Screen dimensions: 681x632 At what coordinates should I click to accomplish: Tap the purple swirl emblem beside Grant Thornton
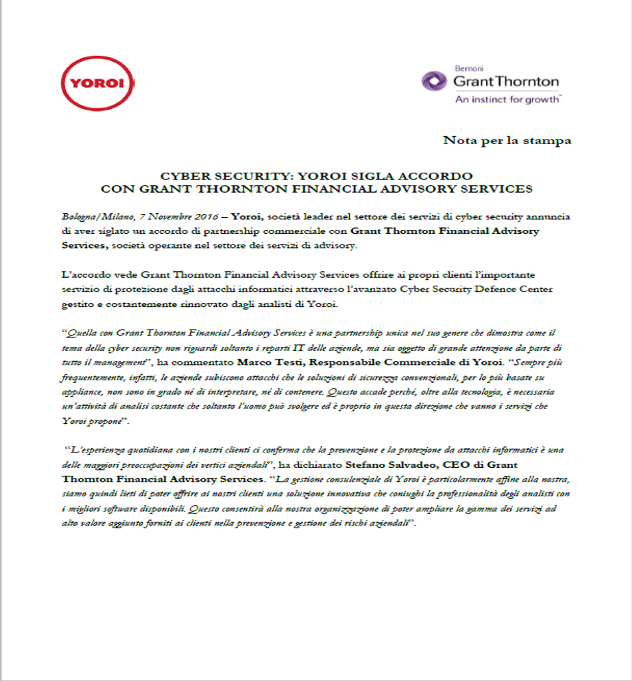pos(434,81)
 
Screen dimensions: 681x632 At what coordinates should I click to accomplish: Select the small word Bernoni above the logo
pos(468,68)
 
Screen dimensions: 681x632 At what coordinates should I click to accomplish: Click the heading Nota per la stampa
pos(507,140)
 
